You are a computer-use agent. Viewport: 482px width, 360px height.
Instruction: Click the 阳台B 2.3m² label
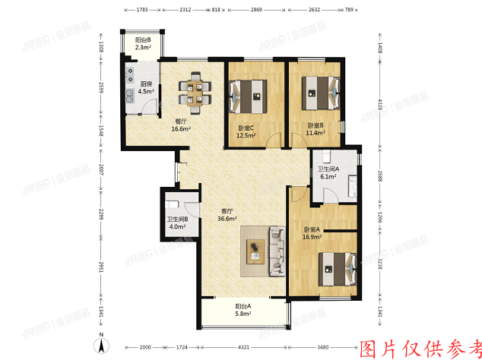(143, 43)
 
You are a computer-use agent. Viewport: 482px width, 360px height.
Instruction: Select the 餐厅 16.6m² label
(180, 125)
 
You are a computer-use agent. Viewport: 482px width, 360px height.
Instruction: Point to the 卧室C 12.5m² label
(246, 131)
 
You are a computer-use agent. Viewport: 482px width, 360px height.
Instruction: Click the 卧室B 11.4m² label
(316, 129)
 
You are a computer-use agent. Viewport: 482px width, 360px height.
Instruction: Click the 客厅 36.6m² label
(227, 215)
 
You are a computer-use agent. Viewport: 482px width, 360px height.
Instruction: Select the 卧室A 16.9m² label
(312, 232)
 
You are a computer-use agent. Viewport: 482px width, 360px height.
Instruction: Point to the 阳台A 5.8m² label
(243, 311)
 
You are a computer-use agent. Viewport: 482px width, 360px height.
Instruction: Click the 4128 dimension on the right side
(380, 104)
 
